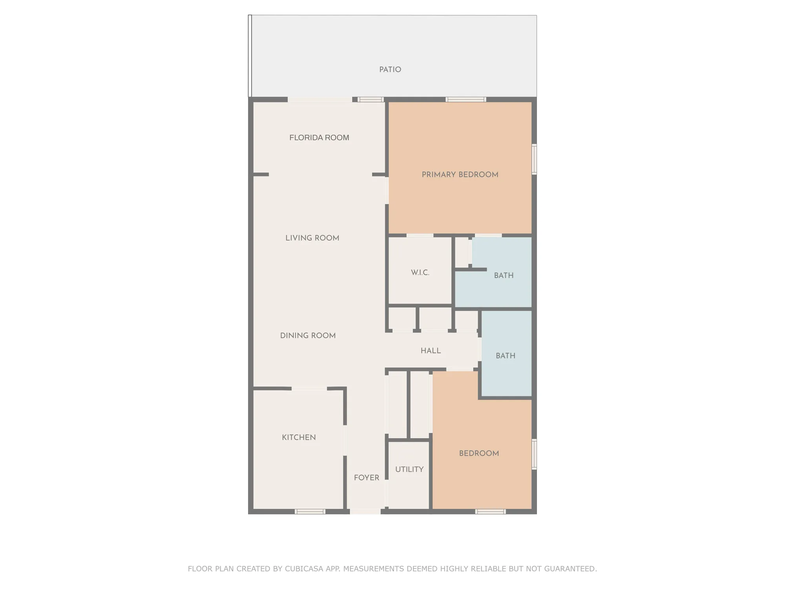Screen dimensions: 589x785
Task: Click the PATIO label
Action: tap(390, 70)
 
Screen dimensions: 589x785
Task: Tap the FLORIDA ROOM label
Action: tap(319, 137)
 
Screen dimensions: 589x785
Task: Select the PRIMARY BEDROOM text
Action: tap(460, 174)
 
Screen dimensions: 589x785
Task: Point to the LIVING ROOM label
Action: tap(312, 238)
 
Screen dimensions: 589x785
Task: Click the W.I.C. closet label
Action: tap(420, 273)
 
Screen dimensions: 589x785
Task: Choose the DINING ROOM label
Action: tap(308, 335)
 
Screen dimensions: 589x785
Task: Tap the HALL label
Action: tap(431, 351)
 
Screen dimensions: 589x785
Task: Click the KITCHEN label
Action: tap(299, 437)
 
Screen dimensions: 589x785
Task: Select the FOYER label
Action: tap(366, 477)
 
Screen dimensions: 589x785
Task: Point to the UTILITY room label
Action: tap(409, 469)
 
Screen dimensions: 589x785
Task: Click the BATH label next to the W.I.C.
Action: tap(504, 275)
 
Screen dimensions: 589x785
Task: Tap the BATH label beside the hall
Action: tap(505, 356)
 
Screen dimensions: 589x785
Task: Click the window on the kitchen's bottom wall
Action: tap(310, 511)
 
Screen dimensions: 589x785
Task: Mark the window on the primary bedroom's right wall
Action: tap(534, 159)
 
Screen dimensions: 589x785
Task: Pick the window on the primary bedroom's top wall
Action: tap(466, 99)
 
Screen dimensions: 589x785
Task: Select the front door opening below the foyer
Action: tap(365, 511)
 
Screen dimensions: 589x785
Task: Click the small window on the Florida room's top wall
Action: tap(371, 99)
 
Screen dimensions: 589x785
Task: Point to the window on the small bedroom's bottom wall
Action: tap(490, 511)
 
